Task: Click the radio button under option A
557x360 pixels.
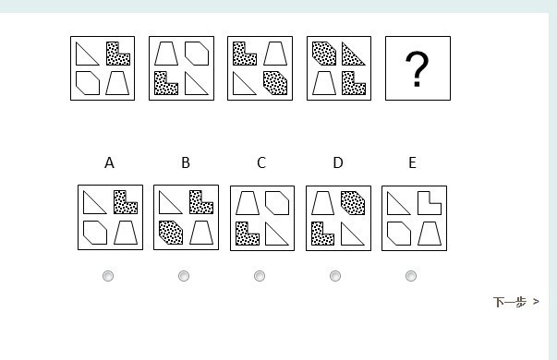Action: (x=108, y=276)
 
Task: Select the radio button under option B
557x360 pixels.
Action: (x=184, y=276)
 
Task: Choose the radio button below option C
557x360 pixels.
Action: (x=260, y=276)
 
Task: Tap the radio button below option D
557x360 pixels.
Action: (x=335, y=276)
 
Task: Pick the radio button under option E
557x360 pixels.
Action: (x=411, y=276)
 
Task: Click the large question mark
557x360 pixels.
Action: (x=417, y=69)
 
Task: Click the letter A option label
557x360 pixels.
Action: (x=109, y=163)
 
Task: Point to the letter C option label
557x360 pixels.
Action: (x=261, y=163)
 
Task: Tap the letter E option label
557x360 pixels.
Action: (x=412, y=163)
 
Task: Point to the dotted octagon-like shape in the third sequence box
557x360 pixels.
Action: (x=275, y=83)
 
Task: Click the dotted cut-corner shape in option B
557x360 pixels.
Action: (x=171, y=233)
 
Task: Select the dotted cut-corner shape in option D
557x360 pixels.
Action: (x=353, y=203)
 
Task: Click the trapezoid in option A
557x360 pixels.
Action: (x=126, y=233)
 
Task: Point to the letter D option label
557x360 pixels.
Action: (x=338, y=163)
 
